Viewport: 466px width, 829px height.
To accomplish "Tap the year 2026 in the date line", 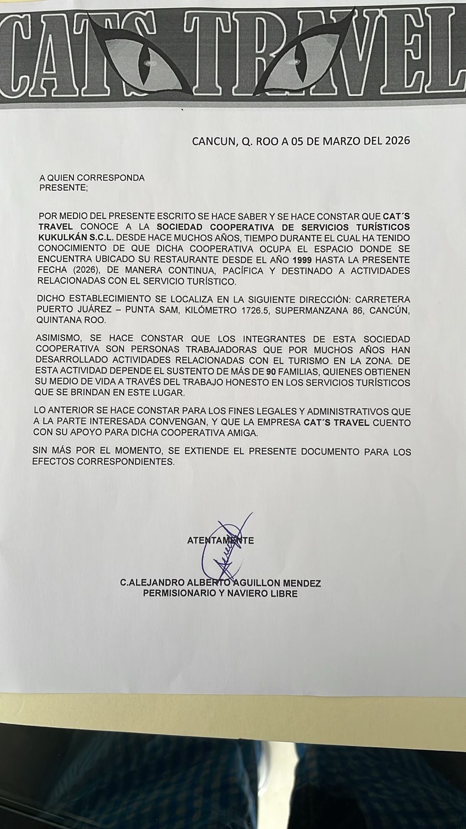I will point(394,140).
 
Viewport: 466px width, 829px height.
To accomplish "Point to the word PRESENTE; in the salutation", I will point(64,188).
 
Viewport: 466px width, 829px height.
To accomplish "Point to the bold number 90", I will point(271,372).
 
